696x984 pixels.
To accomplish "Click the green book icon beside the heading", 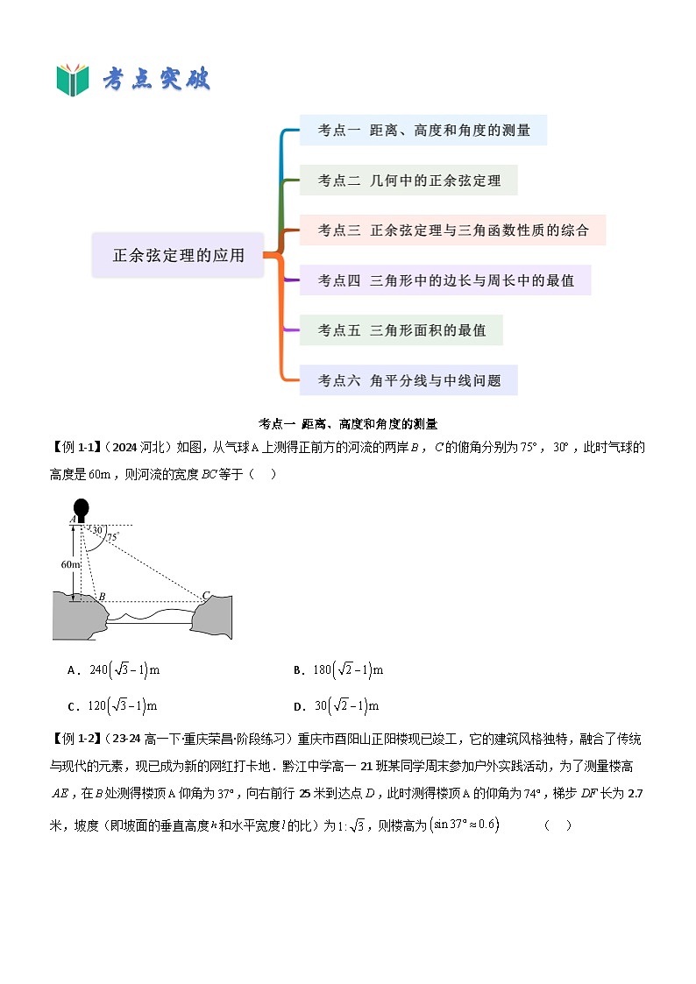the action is click(73, 80).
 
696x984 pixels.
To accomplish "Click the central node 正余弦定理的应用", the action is click(178, 256).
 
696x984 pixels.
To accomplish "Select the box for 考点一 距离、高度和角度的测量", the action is click(423, 131).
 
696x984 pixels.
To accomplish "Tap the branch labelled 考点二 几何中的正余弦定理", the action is click(408, 181).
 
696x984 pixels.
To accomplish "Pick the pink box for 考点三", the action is click(452, 230).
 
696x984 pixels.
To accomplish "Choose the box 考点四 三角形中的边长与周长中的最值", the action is click(445, 280).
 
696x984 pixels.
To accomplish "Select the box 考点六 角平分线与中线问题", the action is click(408, 380).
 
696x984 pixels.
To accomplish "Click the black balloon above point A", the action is click(82, 508).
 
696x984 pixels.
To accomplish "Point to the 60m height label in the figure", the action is click(70, 565).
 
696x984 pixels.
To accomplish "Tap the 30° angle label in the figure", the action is click(98, 530).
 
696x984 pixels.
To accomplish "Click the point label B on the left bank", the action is click(102, 597).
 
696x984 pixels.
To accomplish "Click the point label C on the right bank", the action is click(206, 596).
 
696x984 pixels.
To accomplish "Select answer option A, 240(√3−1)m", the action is click(114, 670).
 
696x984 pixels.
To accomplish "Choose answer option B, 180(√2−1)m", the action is click(339, 670).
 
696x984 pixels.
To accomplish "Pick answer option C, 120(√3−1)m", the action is click(113, 706).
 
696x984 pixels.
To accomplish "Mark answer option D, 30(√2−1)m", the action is click(337, 706).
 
